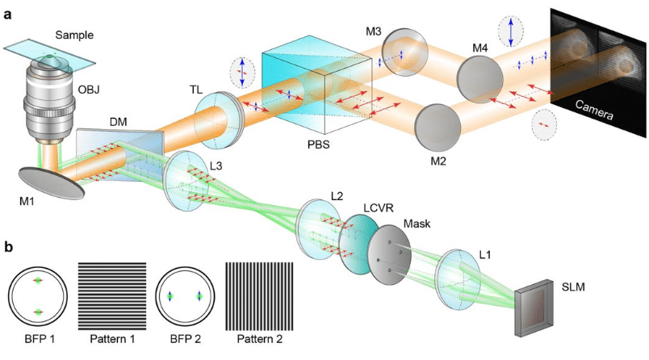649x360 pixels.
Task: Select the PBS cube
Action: pyautogui.click(x=316, y=89)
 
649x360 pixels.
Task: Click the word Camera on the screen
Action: pyautogui.click(x=593, y=111)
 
